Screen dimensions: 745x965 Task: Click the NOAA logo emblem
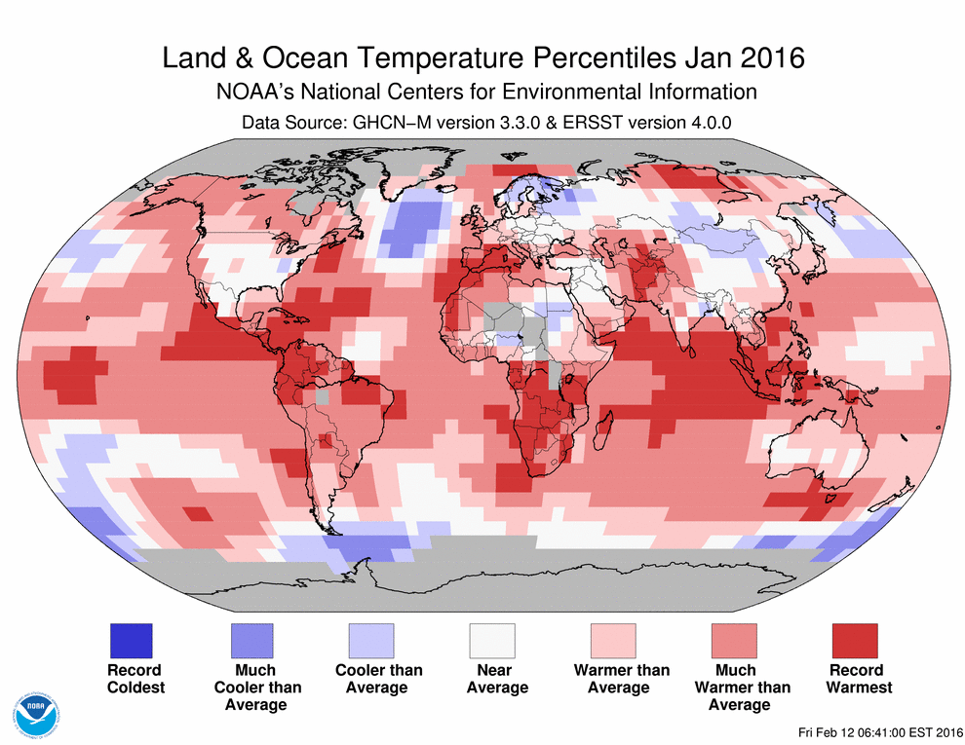click(x=36, y=714)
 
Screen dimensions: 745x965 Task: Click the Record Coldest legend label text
click(x=135, y=679)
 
